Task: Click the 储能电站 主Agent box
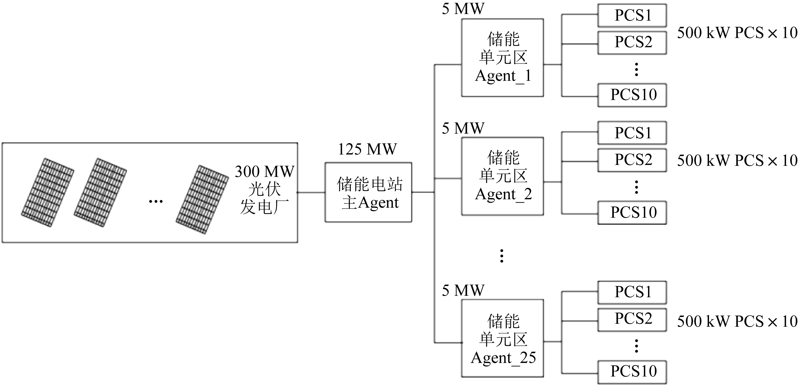pyautogui.click(x=368, y=192)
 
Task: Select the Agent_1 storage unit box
pyautogui.click(x=503, y=58)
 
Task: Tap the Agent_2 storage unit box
pyautogui.click(x=503, y=176)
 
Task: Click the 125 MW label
pyautogui.click(x=367, y=149)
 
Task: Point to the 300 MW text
pyautogui.click(x=265, y=172)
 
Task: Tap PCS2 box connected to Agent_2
pyautogui.click(x=632, y=160)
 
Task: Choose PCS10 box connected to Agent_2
pyautogui.click(x=632, y=213)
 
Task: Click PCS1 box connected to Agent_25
pyautogui.click(x=632, y=292)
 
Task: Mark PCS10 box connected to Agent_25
pyautogui.click(x=632, y=372)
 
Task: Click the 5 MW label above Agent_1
pyautogui.click(x=463, y=9)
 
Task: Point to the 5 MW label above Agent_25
pyautogui.click(x=463, y=291)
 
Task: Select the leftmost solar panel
pyautogui.click(x=47, y=192)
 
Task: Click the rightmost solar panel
pyautogui.click(x=202, y=199)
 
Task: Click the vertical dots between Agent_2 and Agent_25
pyautogui.click(x=501, y=256)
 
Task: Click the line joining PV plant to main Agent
pyautogui.click(x=311, y=192)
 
